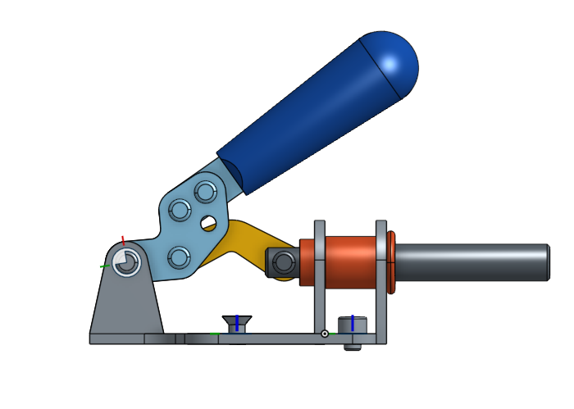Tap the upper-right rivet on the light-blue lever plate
click(x=204, y=193)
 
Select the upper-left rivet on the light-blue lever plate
click(x=178, y=211)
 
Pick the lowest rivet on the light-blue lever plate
click(x=178, y=258)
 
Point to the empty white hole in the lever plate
click(x=209, y=223)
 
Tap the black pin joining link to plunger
click(x=284, y=262)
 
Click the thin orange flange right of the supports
click(x=391, y=262)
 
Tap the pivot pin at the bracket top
click(x=126, y=263)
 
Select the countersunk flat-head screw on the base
click(x=237, y=323)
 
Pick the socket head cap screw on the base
click(x=353, y=329)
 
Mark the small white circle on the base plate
click(x=325, y=334)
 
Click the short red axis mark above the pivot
click(x=123, y=240)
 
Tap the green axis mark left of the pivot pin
click(x=105, y=266)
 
